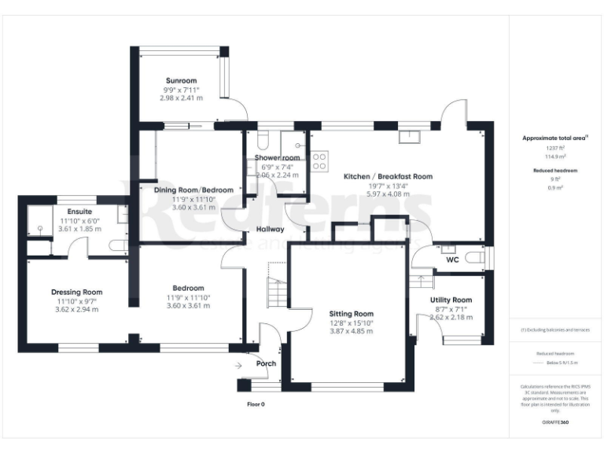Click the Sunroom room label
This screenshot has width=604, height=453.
pos(181,80)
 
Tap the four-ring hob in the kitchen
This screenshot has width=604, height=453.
pos(320,161)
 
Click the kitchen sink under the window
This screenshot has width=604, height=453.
pos(409,138)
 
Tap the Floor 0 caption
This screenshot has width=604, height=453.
pos(256,404)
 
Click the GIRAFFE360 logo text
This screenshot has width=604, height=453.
pos(555,423)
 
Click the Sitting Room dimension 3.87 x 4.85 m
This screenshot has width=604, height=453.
pos(351,331)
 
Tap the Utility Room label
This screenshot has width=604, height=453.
pos(451,300)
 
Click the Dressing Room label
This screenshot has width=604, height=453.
pos(79,292)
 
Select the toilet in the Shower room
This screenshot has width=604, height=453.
pos(263,140)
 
